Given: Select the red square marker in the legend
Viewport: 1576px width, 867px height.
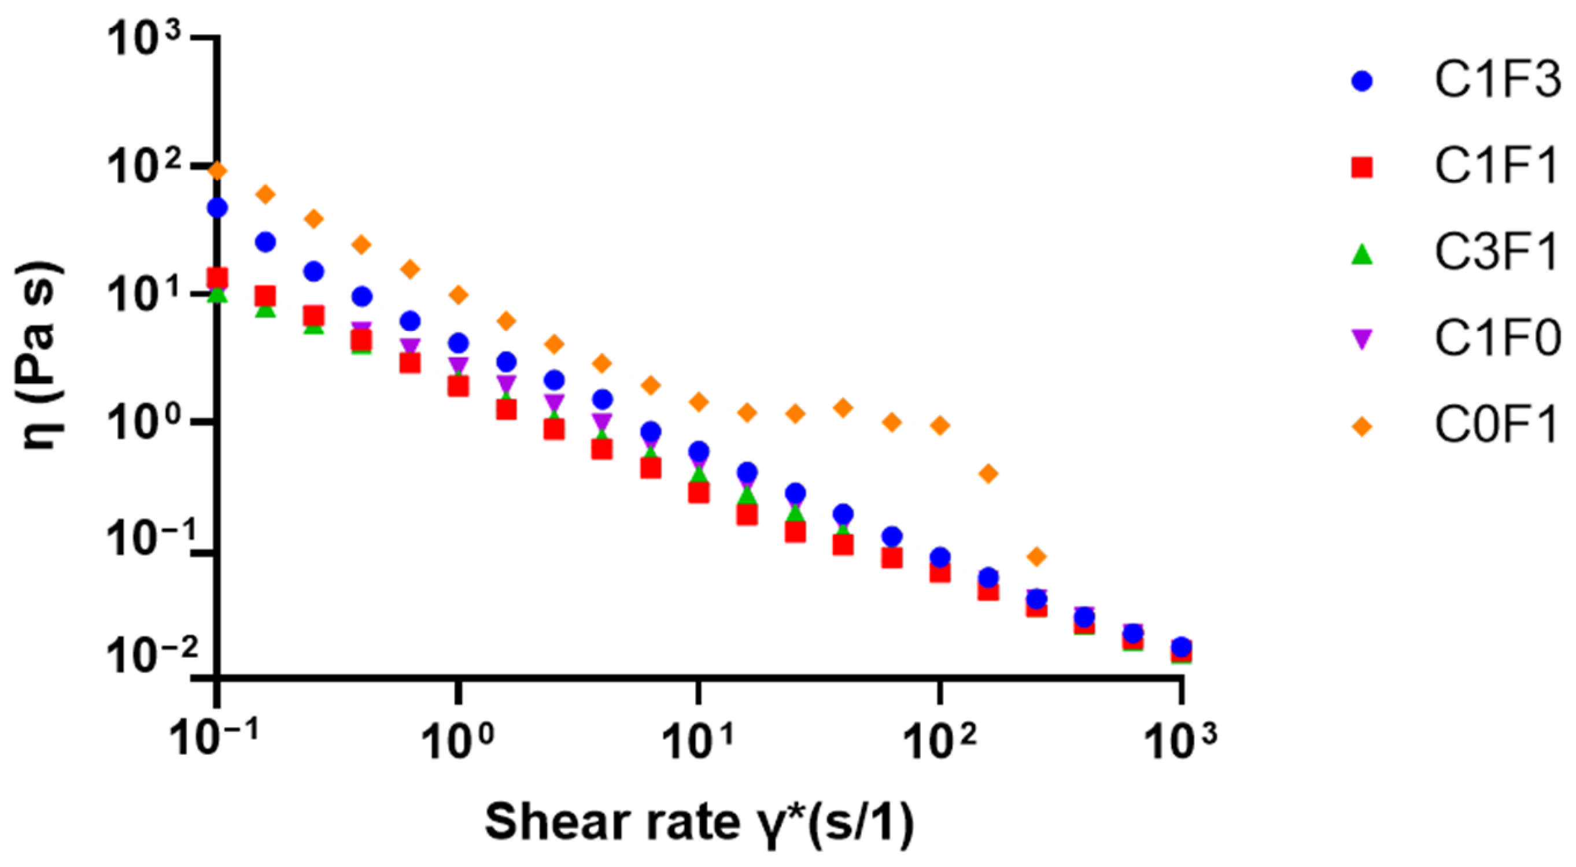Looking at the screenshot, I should click(x=1362, y=167).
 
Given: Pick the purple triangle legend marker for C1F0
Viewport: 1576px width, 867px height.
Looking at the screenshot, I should click(x=1362, y=339).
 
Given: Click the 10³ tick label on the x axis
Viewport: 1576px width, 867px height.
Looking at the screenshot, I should click(x=1180, y=739).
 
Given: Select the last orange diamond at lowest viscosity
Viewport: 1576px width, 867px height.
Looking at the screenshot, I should click(x=1036, y=557).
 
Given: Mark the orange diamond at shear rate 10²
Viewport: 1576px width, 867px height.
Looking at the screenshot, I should click(x=940, y=425).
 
